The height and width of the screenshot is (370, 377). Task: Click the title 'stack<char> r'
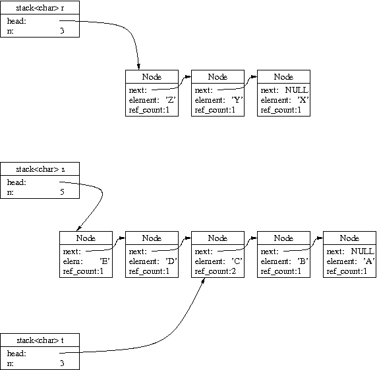(x=40, y=8)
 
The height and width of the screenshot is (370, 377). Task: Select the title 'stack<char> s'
(x=40, y=169)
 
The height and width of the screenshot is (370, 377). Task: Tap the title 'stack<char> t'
(x=40, y=340)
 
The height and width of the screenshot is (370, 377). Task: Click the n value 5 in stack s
(x=62, y=192)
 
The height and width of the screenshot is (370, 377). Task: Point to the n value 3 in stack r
(x=62, y=31)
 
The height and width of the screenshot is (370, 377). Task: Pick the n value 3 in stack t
(x=62, y=363)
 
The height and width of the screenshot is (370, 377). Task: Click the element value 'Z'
(x=171, y=100)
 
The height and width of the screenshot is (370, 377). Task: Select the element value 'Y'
(x=237, y=100)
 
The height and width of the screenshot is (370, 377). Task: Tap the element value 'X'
(x=303, y=100)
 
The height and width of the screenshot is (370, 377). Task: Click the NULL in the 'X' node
(x=297, y=90)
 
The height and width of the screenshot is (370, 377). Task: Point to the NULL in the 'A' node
(x=362, y=251)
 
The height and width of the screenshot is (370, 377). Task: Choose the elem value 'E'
(x=105, y=261)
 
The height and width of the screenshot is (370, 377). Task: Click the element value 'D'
(x=171, y=261)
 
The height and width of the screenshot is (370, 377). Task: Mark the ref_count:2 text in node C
(x=215, y=271)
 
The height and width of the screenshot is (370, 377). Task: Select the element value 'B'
(x=303, y=261)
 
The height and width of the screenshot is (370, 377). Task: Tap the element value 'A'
(x=369, y=261)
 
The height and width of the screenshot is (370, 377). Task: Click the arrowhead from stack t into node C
(x=203, y=280)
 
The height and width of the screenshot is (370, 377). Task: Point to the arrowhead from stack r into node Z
(x=138, y=66)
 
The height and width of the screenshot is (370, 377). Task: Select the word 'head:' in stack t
(x=16, y=354)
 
